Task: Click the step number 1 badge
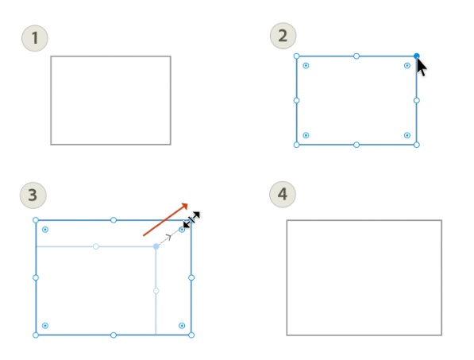click(x=34, y=37)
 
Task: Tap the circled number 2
click(x=283, y=36)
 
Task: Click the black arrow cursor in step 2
click(x=422, y=66)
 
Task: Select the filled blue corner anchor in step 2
click(x=417, y=56)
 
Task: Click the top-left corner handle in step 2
click(x=297, y=56)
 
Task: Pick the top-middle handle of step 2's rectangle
click(x=356, y=56)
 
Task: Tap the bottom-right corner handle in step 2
click(x=417, y=145)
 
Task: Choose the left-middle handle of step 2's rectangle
click(x=297, y=100)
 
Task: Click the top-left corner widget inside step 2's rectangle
click(x=306, y=66)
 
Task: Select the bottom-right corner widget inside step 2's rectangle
click(x=407, y=135)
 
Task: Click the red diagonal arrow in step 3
click(x=165, y=219)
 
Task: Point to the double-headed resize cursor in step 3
click(x=191, y=220)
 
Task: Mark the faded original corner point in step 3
click(x=156, y=246)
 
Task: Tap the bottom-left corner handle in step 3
click(x=36, y=335)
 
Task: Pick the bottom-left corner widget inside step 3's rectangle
click(x=45, y=325)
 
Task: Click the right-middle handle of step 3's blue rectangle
click(x=191, y=277)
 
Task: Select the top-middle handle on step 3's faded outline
click(x=96, y=246)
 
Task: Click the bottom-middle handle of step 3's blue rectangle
click(x=114, y=335)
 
